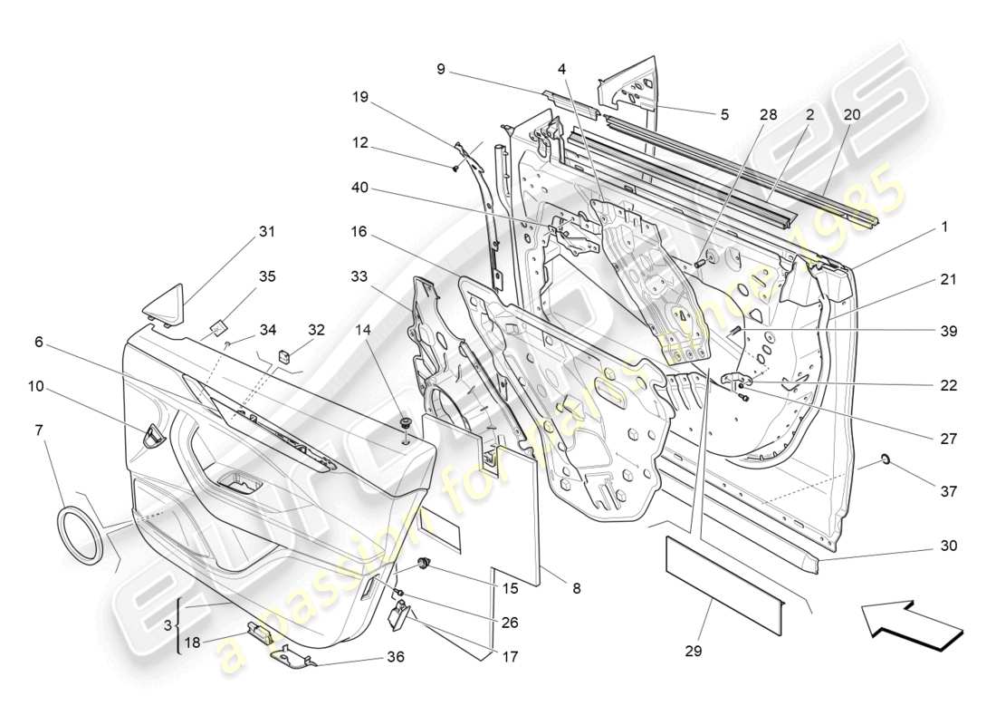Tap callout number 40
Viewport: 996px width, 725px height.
360,188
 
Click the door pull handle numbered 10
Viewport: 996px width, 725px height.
154,436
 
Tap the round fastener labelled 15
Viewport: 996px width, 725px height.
423,565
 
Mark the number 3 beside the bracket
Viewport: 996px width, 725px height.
168,626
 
